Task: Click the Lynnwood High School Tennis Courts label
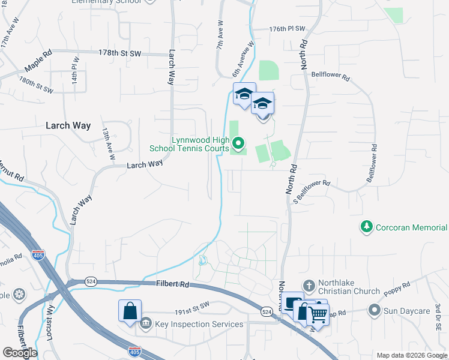click(200, 144)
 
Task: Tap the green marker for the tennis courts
click(238, 143)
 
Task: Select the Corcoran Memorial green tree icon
click(366, 227)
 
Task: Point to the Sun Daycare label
click(407, 310)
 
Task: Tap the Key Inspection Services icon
click(146, 324)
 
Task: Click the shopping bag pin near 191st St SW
click(130, 311)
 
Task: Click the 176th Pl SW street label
click(288, 29)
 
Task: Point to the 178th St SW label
click(121, 53)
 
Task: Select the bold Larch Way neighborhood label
click(68, 126)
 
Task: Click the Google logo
click(19, 353)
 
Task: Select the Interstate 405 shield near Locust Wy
click(38, 255)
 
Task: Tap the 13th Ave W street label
click(108, 143)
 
